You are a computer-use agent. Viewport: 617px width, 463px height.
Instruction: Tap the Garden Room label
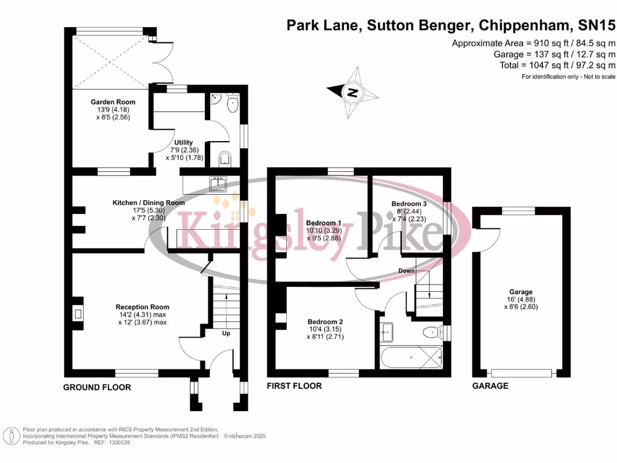point(113,102)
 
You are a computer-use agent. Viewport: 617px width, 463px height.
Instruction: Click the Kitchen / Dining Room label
point(148,203)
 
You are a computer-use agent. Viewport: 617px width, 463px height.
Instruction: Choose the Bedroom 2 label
point(325,321)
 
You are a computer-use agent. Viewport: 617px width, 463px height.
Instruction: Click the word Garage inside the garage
point(521,291)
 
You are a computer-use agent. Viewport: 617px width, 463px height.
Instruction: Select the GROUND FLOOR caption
point(97,387)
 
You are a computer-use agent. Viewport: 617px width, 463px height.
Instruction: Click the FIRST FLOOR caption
point(294,386)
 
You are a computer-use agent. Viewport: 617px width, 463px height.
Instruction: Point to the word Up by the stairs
point(226,333)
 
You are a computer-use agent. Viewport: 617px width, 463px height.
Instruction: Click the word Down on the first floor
point(406,271)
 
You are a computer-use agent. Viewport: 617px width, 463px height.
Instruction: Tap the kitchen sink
point(219,183)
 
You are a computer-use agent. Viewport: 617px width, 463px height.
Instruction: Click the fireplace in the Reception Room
point(77,313)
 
